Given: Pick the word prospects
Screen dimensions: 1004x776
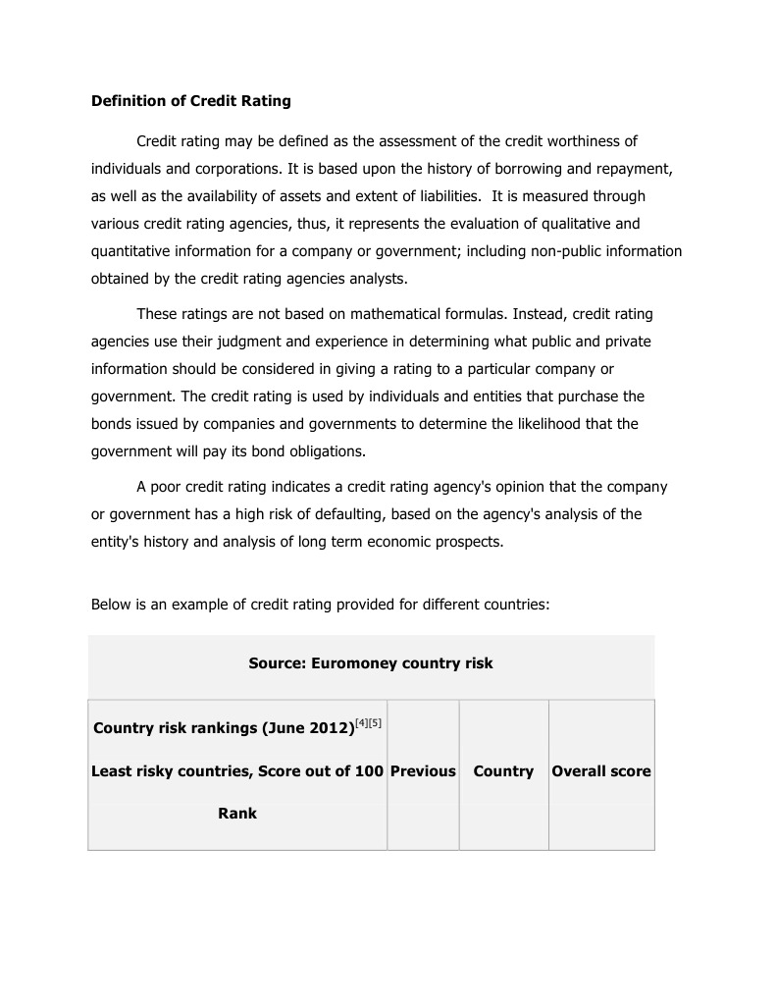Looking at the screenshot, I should [469, 542].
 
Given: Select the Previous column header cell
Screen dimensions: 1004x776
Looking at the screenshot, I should [423, 771].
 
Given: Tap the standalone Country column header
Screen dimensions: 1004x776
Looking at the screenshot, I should [503, 771].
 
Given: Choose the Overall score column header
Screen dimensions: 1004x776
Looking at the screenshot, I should [601, 771].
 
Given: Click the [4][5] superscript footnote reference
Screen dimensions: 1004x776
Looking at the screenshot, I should [368, 723].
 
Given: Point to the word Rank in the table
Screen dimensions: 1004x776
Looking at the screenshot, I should [237, 814].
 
